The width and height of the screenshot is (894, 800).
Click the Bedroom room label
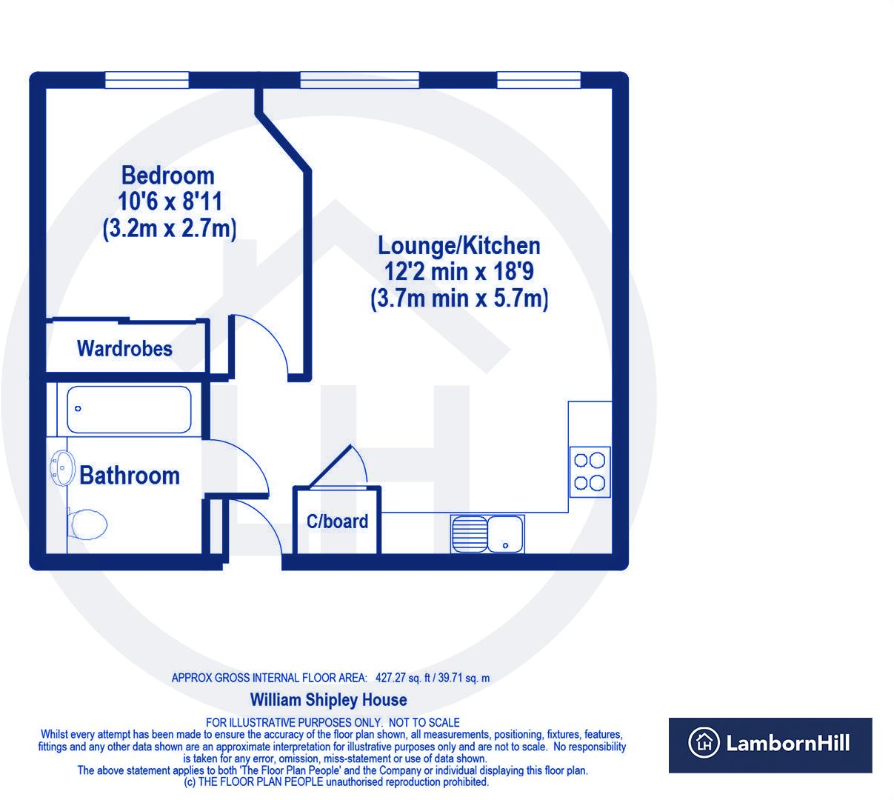[x=167, y=176]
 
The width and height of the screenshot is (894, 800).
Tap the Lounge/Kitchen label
[x=459, y=246]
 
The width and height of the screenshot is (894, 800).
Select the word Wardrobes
[x=124, y=349]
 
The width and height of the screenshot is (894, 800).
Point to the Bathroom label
[x=130, y=476]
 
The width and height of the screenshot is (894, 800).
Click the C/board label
[x=337, y=521]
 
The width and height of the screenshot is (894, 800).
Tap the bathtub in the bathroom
[x=129, y=410]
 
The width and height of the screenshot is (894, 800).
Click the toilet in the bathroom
[x=87, y=524]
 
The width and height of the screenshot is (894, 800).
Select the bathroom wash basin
[x=61, y=468]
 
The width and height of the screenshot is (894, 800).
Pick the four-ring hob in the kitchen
[x=590, y=472]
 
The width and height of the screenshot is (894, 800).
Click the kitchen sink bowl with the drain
[x=505, y=534]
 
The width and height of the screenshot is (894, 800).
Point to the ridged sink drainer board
[x=470, y=534]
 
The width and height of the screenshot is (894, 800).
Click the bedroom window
[x=147, y=80]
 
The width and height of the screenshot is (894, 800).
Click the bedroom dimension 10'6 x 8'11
[x=170, y=201]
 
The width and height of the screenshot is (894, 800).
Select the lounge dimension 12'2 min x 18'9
[x=459, y=271]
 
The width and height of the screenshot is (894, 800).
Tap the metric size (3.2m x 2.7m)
[x=170, y=229]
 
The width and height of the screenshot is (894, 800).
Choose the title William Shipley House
[x=329, y=700]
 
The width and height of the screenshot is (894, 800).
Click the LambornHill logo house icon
[x=704, y=743]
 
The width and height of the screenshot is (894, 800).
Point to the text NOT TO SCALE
[x=424, y=723]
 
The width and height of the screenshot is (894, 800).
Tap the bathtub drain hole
[x=78, y=409]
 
